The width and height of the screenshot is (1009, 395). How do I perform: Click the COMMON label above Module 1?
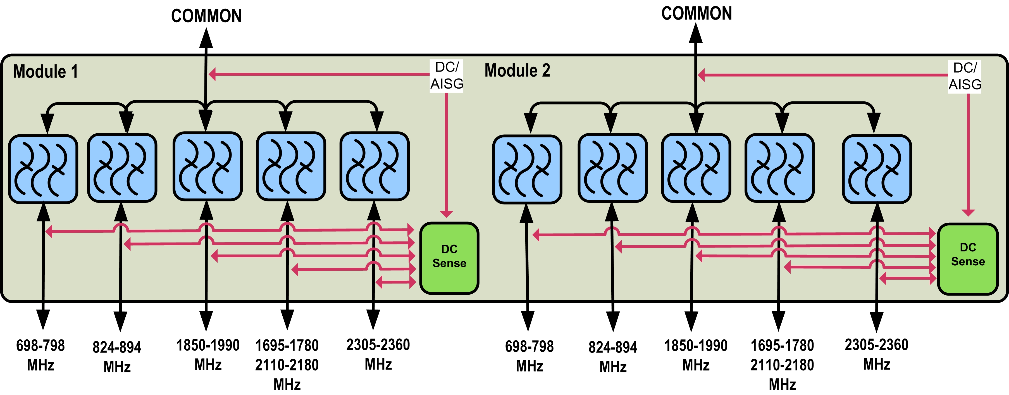(206, 16)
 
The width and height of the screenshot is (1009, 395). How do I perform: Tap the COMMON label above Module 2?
(696, 14)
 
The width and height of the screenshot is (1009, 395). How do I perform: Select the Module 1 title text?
(46, 72)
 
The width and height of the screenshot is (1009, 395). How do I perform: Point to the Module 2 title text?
(517, 70)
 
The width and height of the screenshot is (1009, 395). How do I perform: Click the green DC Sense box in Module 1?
(449, 258)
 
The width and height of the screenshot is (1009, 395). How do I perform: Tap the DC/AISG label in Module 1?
(447, 76)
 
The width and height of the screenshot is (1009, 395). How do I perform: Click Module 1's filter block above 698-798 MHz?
(43, 169)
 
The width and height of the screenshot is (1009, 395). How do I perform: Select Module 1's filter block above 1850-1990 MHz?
(207, 166)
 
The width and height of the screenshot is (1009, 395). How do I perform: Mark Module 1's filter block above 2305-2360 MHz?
(375, 166)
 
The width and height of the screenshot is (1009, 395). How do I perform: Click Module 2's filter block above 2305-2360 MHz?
(877, 169)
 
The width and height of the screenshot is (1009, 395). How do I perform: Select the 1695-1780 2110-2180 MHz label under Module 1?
(287, 365)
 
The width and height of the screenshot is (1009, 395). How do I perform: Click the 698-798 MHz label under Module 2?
(529, 356)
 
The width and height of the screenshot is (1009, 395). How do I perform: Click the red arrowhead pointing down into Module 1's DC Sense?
(446, 214)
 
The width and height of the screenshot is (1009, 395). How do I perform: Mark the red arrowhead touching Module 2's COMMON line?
(702, 75)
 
